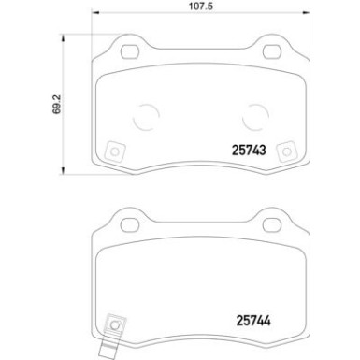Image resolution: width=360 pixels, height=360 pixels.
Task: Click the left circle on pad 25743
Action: [x=145, y=117]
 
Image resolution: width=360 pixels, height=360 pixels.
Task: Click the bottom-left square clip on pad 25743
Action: [x=115, y=151]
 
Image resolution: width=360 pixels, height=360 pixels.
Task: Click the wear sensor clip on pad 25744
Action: [x=115, y=324]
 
